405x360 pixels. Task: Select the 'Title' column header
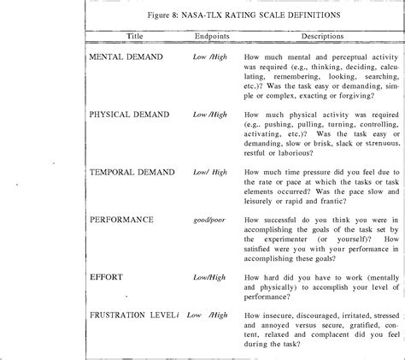[135, 37]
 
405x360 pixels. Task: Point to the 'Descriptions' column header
[302, 37]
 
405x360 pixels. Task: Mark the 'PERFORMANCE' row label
[121, 220]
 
